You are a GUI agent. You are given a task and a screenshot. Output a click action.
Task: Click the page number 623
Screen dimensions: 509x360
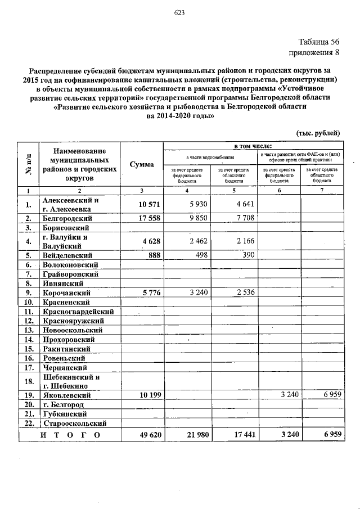tap(180, 12)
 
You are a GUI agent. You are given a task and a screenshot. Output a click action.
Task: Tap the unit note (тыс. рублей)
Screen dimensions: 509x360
tap(318, 133)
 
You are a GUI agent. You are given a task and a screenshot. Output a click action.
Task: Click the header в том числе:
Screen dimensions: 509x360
tap(253, 146)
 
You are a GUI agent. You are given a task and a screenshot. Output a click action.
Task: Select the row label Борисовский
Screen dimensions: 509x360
tap(66, 228)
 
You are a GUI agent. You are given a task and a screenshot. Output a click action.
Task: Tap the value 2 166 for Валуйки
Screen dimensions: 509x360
tap(243, 242)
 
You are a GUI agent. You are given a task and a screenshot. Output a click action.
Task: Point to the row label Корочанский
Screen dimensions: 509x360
tap(67, 293)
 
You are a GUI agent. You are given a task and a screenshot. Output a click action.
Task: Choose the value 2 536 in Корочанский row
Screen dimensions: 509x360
tap(243, 292)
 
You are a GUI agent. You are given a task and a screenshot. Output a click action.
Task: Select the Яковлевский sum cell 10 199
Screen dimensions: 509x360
tap(147, 395)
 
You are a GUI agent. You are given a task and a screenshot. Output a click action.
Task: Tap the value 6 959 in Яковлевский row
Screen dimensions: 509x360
tap(330, 395)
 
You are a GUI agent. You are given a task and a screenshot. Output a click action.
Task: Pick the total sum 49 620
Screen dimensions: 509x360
tap(147, 435)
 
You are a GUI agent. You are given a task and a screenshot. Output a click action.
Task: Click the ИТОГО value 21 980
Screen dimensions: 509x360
tap(193, 435)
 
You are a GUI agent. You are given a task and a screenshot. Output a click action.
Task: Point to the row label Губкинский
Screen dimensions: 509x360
tap(65, 414)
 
